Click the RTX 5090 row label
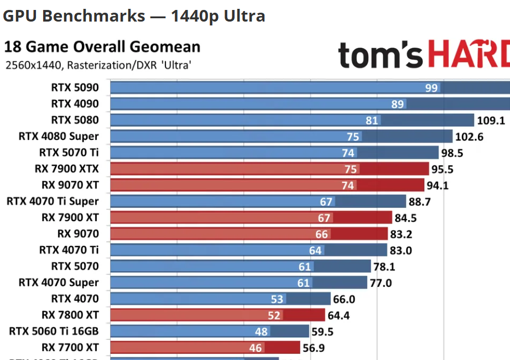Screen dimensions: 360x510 pos(75,87)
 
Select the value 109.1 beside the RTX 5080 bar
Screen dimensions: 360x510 pos(491,120)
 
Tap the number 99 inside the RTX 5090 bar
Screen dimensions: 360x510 pos(431,87)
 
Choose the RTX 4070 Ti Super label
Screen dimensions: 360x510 pos(53,201)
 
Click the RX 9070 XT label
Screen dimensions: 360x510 pos(70,185)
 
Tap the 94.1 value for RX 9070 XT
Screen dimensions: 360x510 pos(438,185)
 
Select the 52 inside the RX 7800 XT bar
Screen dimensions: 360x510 pos(275,315)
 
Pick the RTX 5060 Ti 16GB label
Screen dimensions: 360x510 pos(54,331)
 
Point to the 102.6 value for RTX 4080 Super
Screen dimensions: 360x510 pos(469,137)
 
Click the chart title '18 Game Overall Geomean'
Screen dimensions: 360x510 pos(102,47)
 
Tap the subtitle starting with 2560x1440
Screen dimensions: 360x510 pos(98,65)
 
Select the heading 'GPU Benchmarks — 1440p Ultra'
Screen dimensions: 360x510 pos(134,16)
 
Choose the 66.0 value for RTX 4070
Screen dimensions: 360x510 pos(344,299)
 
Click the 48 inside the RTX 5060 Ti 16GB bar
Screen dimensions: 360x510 pos(262,331)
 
